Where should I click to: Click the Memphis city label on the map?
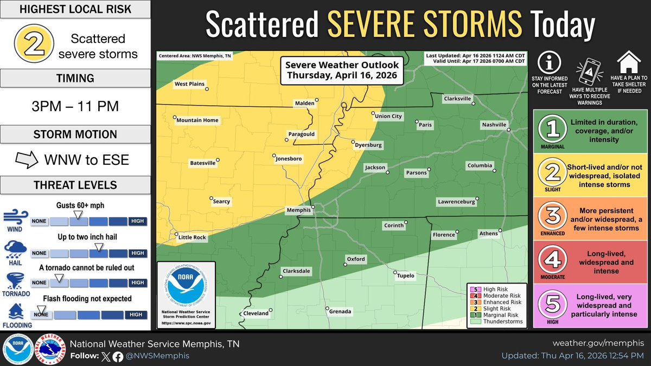298,210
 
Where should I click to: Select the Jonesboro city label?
288,158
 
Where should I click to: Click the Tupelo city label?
405,275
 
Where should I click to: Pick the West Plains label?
188,84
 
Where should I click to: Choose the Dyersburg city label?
368,145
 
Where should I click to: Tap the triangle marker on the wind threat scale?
78,215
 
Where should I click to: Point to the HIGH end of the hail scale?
138,253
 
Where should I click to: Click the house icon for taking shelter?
629,62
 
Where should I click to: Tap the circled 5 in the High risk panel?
552,305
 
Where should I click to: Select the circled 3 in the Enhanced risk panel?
552,216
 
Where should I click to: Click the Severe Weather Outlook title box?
342,70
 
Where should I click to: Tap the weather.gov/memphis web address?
598,343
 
